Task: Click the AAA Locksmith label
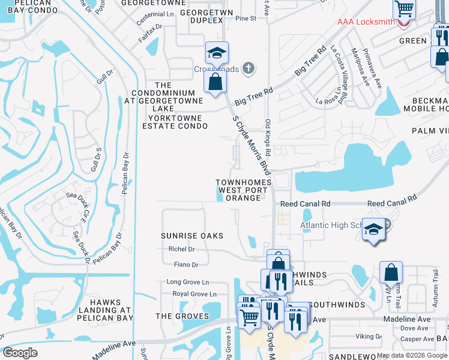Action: coord(366,22)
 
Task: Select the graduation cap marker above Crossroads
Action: coord(216,53)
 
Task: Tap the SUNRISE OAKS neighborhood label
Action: coord(192,236)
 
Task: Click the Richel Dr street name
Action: coord(182,249)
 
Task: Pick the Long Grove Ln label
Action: coord(188,281)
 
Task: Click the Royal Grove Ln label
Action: coord(194,294)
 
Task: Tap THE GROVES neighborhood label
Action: coord(182,316)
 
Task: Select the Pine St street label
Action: coord(246,19)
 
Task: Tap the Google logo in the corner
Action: coord(20,352)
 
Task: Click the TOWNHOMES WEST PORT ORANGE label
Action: coord(244,190)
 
